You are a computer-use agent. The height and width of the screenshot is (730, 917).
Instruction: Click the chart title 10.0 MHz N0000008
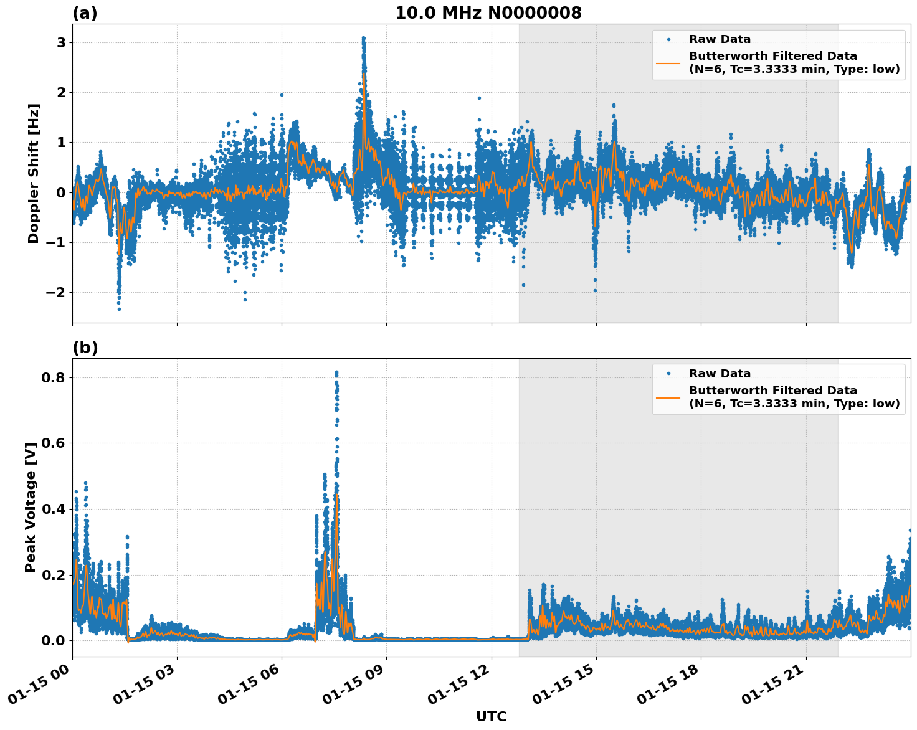[488, 13]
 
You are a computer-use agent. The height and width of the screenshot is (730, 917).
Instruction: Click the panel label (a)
[85, 13]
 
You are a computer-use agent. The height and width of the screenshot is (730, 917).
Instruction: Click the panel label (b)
[85, 348]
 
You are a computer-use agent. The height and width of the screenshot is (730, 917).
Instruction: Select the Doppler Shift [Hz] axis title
[33, 173]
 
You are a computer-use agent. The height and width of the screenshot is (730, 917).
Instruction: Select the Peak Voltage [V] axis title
[30, 507]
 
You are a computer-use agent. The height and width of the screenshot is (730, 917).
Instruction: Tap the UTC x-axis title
[491, 716]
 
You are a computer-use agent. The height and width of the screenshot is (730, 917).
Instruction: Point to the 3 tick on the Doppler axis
[61, 42]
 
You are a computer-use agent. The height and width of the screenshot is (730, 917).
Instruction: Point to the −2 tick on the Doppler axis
[57, 292]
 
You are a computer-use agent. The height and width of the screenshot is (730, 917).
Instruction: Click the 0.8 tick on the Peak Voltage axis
[55, 377]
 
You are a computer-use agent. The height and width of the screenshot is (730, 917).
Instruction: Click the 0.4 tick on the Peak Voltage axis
[55, 509]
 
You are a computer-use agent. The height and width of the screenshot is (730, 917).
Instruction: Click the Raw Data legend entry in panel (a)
[720, 39]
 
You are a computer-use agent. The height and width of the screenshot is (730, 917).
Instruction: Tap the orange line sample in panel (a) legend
[668, 62]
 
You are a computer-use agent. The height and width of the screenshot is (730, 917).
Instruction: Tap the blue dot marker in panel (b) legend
[668, 374]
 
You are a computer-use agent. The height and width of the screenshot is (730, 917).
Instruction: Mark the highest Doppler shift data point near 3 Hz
[363, 38]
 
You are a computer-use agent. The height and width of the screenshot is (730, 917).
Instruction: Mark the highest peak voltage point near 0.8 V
[336, 372]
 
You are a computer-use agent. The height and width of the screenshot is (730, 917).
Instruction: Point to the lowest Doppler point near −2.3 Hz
[119, 309]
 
